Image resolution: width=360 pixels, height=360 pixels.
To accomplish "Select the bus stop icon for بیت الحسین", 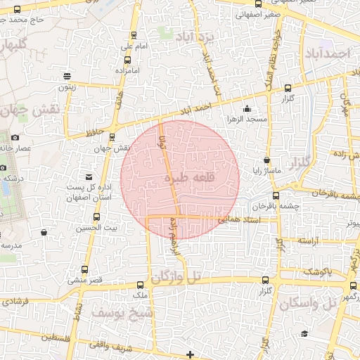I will pos(107,216).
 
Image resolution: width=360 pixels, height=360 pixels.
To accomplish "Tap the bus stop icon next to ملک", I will pos(141,284).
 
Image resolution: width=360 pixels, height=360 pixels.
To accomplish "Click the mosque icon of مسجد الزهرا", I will pos(247,108).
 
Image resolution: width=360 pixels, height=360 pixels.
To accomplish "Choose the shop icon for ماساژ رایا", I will pos(266,160).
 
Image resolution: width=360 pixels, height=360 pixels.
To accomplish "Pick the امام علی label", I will pos(132,46).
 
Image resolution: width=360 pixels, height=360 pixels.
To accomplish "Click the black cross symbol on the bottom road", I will pos(191,354).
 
